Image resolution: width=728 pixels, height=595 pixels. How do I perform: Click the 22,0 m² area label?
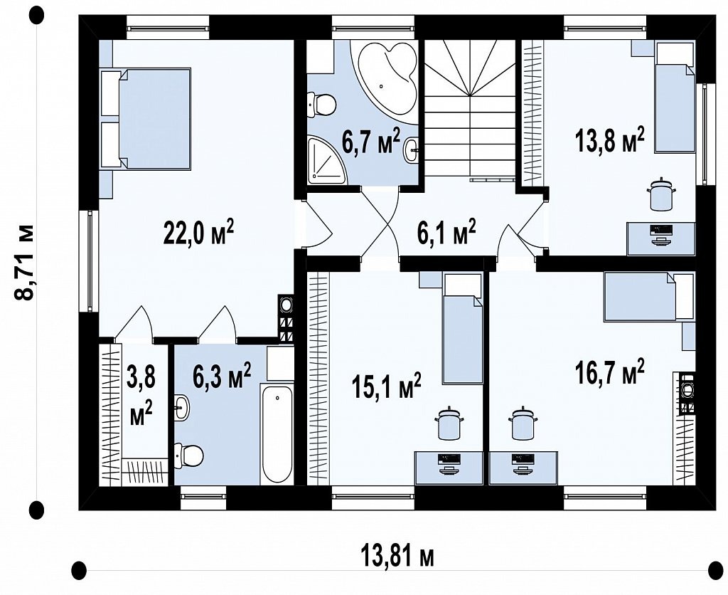pos(198,233)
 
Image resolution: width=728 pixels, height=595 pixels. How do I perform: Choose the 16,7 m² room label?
pos(609,372)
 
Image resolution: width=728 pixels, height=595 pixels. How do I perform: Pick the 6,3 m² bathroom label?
pos(223,376)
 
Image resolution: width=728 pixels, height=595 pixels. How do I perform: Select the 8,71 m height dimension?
pos(25,263)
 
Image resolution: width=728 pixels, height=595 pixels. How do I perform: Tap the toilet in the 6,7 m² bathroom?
pos(321,104)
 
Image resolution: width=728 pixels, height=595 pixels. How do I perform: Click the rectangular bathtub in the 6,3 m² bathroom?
pos(277,433)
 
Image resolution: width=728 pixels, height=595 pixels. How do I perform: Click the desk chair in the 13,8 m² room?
pos(661,194)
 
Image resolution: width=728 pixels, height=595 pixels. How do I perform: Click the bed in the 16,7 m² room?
pos(649,297)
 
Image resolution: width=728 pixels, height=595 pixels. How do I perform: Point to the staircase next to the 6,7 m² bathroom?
pos(471,110)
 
